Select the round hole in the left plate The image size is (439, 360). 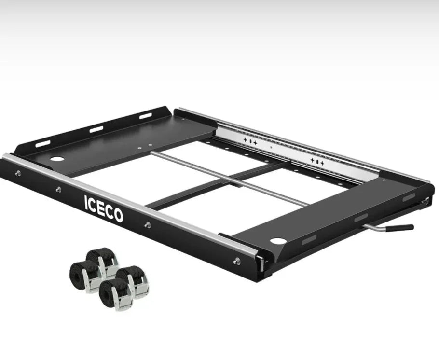click(x=56, y=159)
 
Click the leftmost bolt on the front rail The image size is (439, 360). click(x=17, y=173)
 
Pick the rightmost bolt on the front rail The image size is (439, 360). click(x=236, y=261)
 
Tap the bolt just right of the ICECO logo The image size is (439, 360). click(x=147, y=224)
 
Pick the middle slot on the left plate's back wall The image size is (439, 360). click(x=96, y=129)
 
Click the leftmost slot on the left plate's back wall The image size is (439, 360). click(x=43, y=144)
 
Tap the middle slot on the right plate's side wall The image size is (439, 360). click(x=361, y=218)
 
